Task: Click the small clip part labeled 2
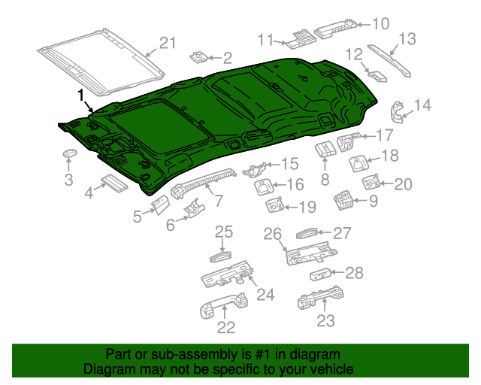199,56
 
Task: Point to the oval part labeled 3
69,153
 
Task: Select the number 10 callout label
380,24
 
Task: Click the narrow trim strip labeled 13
390,59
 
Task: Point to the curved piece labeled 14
397,110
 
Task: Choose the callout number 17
384,135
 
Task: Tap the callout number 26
272,234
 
